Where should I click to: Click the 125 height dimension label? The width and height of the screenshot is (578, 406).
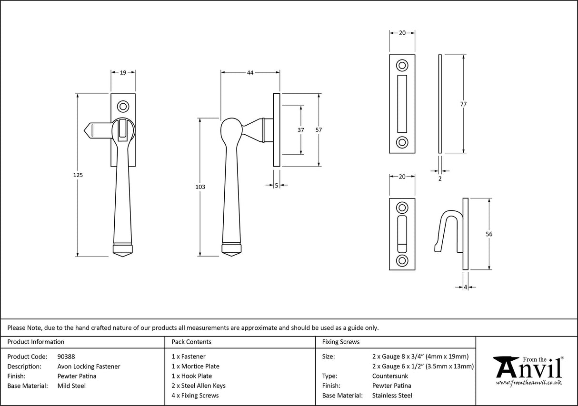(x=79, y=175)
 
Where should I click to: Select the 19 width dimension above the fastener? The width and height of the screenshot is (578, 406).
(x=123, y=73)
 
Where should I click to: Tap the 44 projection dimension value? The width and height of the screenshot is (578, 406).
(x=250, y=73)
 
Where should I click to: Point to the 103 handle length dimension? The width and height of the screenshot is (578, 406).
(x=200, y=187)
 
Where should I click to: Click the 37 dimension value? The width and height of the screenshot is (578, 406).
(x=301, y=130)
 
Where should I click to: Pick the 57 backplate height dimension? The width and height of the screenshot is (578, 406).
(x=319, y=130)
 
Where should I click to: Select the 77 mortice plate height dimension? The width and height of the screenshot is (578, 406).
(x=463, y=104)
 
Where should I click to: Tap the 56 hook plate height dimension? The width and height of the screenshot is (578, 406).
(x=489, y=234)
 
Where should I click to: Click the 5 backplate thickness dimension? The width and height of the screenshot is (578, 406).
(x=276, y=186)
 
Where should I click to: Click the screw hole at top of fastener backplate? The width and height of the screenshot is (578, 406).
(x=123, y=105)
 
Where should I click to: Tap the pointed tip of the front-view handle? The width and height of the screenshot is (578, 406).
(x=123, y=256)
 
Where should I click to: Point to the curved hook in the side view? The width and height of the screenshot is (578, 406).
(x=448, y=224)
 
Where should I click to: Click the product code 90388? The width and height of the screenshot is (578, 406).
(x=66, y=356)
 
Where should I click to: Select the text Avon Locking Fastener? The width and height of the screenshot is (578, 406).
(x=89, y=366)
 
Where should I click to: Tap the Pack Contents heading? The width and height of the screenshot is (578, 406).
(x=191, y=342)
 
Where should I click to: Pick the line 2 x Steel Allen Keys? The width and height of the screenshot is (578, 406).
(x=199, y=386)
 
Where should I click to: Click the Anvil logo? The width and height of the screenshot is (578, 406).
(x=528, y=370)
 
